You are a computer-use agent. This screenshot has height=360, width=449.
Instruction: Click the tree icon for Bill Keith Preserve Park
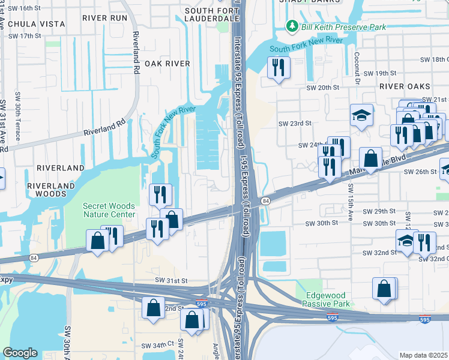tap(292, 26)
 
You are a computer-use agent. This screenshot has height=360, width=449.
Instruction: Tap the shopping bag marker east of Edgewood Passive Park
tap(384, 289)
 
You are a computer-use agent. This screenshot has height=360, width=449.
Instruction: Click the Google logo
tap(20, 353)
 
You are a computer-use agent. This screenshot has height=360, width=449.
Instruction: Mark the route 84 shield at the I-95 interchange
tap(265, 200)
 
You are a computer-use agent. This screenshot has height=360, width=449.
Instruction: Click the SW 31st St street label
tap(171, 280)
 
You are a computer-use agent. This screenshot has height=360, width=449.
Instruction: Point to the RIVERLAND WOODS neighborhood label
tap(46, 190)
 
